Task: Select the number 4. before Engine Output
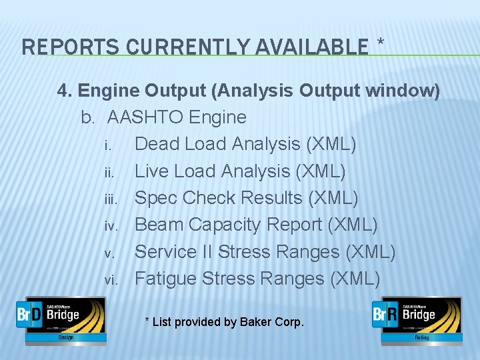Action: pos(65,91)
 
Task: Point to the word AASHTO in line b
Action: pos(146,118)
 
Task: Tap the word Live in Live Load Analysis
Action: pos(152,171)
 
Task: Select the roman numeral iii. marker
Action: pos(111,199)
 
